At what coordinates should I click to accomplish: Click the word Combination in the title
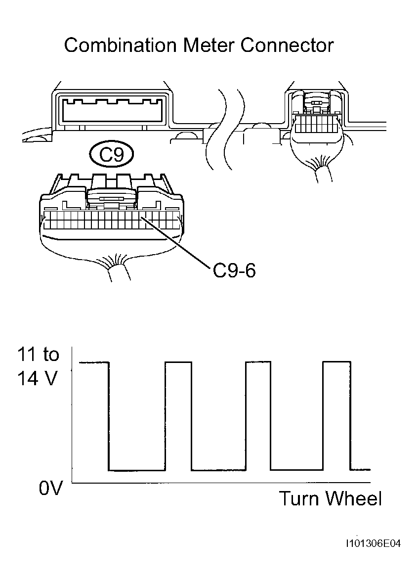click(120, 45)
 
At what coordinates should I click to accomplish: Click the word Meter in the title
click(209, 45)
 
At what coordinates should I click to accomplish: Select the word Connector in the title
click(287, 45)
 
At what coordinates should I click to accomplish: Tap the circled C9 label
click(112, 154)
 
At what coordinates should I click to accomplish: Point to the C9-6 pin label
click(234, 271)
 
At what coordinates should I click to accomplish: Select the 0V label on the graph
click(50, 488)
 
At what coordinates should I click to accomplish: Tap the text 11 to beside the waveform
click(38, 354)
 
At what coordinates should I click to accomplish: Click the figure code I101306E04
click(373, 544)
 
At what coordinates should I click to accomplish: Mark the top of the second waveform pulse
click(178, 361)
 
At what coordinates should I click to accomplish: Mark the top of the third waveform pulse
click(258, 361)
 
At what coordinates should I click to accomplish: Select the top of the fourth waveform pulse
click(337, 361)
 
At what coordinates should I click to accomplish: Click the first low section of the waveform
click(137, 470)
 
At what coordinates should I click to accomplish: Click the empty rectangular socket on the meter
click(112, 110)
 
